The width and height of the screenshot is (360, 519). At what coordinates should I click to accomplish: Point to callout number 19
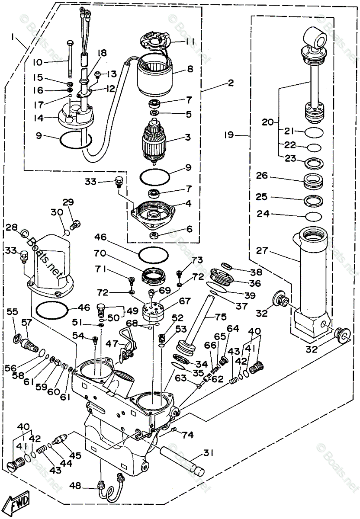coord(229,135)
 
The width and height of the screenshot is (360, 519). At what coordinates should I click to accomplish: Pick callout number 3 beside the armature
coord(188,137)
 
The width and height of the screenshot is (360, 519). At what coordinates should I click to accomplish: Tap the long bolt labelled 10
coord(70,58)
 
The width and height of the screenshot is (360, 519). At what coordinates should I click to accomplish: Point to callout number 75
coord(221,317)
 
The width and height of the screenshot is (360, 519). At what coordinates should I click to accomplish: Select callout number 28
coord(11,228)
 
